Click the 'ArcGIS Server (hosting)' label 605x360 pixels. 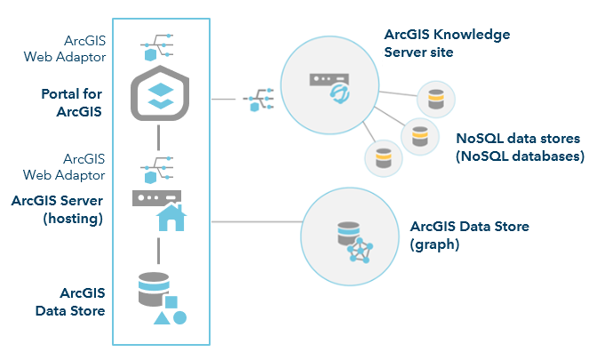[x=58, y=209]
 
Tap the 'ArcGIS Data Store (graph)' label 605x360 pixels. [x=469, y=235]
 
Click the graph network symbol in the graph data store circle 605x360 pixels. [x=359, y=249]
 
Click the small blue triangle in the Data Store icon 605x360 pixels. [x=162, y=317]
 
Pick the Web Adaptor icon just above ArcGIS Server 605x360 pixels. [x=156, y=168]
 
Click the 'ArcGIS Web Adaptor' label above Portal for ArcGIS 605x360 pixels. [x=77, y=49]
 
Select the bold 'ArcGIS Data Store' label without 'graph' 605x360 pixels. [x=70, y=301]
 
